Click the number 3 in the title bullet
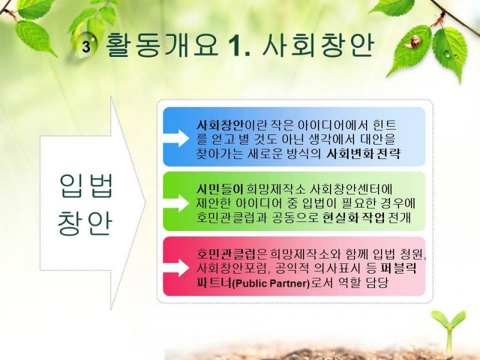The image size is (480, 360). [86, 47]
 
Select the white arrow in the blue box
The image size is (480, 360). [176, 138]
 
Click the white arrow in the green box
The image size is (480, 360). [176, 203]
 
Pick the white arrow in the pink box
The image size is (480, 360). [176, 268]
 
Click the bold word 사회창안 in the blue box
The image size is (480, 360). [220, 125]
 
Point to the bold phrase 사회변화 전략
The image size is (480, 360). [363, 153]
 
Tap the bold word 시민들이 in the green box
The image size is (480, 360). [220, 190]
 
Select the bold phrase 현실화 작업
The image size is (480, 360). [353, 218]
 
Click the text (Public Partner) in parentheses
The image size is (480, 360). [272, 283]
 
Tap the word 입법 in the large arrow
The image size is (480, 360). [86, 185]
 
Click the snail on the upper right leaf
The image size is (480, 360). [413, 41]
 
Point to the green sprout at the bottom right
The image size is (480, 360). [449, 331]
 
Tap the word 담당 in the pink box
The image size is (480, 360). [377, 283]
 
